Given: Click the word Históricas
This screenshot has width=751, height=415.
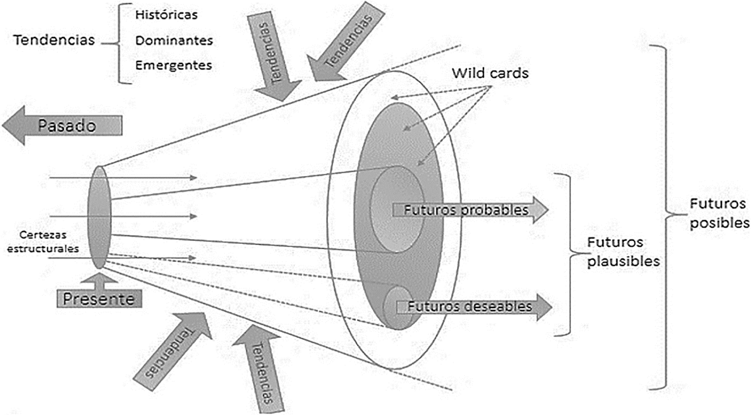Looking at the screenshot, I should tap(166, 15).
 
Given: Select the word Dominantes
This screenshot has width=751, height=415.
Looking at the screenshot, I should tap(174, 40).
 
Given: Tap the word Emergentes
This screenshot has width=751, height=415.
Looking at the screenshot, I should tap(174, 65).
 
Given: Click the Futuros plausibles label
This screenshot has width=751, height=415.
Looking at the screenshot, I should tap(622, 252).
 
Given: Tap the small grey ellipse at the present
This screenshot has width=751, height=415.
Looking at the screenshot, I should tap(98, 217).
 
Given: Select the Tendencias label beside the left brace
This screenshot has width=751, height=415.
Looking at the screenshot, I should tap(54, 40).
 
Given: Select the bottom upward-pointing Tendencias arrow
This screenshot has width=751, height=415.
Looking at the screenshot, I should tap(259, 368).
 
